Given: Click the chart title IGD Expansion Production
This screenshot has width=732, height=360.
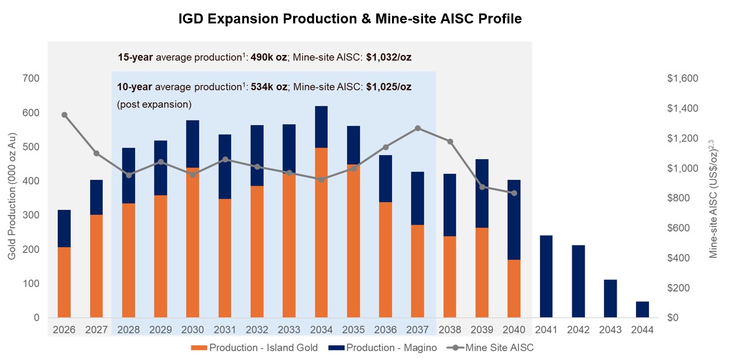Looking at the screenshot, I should (x=350, y=19).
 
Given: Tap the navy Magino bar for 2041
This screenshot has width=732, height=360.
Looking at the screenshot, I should (x=546, y=276).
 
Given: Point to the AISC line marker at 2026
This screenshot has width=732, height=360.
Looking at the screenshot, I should (x=64, y=115).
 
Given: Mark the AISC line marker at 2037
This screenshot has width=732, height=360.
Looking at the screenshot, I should (x=418, y=128).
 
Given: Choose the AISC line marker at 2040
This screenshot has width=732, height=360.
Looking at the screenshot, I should (x=514, y=193).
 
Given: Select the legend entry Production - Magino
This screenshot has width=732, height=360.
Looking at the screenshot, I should (x=391, y=348).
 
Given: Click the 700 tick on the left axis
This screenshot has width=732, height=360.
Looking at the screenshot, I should (x=32, y=78).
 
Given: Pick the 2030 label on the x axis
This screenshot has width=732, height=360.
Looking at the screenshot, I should (x=193, y=330).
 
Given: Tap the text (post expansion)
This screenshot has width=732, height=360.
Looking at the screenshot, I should (x=154, y=104).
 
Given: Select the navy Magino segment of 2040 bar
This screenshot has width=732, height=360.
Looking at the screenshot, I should (x=514, y=220).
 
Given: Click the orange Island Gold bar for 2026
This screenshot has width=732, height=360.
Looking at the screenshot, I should (x=64, y=282).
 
